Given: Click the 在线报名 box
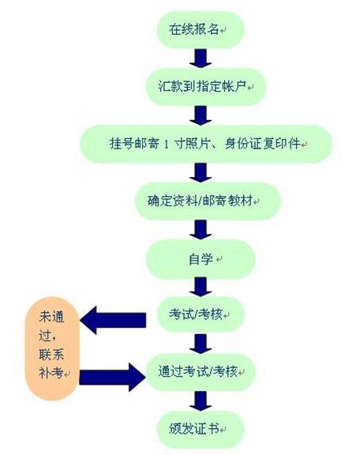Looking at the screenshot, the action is click(201, 29).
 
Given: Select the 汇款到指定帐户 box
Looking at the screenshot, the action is click(206, 86).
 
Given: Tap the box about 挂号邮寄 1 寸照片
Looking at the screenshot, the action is click(206, 144).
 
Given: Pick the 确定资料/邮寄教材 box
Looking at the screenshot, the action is click(208, 201).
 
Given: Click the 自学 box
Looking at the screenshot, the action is click(201, 259).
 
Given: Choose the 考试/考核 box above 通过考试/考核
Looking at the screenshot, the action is click(201, 314).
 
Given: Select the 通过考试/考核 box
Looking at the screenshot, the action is click(201, 372).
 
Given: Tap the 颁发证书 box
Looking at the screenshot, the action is click(201, 429).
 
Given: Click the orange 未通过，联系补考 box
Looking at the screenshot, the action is click(52, 348).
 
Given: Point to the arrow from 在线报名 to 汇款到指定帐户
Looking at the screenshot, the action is click(201, 58).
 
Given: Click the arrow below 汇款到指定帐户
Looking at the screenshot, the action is click(201, 115).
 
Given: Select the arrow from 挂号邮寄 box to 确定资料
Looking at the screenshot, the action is click(201, 172).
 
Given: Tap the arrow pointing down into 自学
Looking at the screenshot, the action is click(201, 230).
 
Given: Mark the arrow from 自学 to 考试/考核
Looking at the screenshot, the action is click(201, 287).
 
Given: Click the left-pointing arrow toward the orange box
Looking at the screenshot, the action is click(113, 321).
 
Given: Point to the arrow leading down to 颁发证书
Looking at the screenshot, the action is click(201, 401).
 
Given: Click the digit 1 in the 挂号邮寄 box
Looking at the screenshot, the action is click(167, 145).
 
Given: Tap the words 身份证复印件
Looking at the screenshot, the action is click(263, 144).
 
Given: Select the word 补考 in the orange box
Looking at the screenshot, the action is click(51, 373).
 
